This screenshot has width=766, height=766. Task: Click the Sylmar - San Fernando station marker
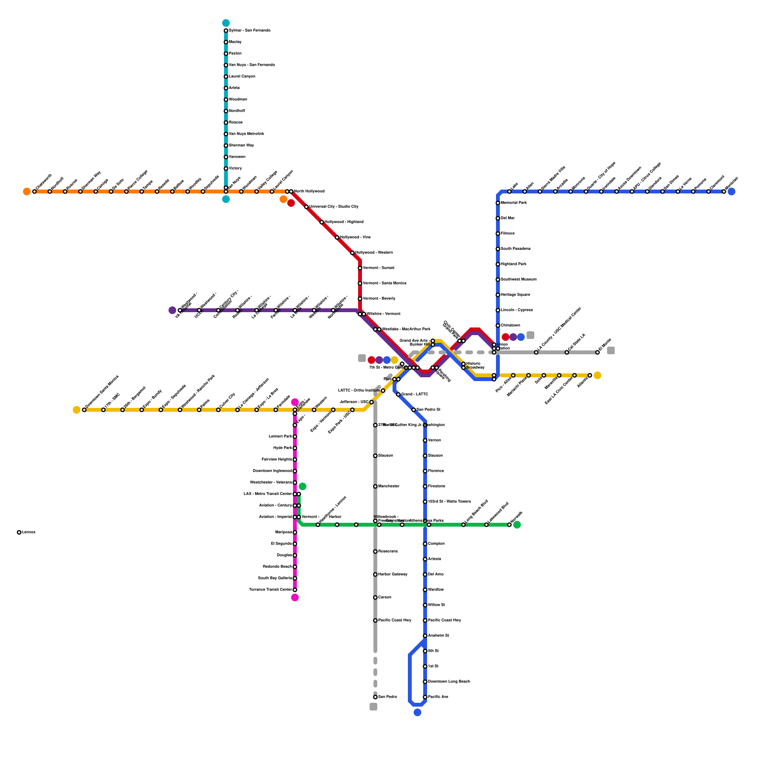click(226, 31)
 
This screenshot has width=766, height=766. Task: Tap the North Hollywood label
click(309, 191)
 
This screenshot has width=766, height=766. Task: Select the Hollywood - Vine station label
click(355, 237)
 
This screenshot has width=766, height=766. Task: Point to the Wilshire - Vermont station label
click(383, 314)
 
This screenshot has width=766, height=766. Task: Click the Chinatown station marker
click(498, 326)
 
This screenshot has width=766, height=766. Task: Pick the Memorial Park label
click(514, 203)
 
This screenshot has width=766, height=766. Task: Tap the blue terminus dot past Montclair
click(732, 191)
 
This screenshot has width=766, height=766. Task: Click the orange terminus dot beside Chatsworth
click(27, 191)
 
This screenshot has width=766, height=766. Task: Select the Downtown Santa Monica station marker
click(84, 410)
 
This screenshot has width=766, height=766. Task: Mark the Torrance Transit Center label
click(270, 590)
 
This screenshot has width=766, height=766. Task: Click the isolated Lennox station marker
click(19, 532)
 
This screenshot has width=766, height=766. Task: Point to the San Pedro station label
click(387, 697)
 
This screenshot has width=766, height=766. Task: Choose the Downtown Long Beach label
click(449, 682)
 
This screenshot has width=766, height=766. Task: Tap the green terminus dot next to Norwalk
click(517, 525)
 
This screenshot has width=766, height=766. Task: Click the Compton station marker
click(425, 544)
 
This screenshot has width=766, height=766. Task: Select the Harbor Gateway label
click(393, 574)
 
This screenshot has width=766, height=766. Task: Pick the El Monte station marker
click(597, 352)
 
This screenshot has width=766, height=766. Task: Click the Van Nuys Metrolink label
click(247, 134)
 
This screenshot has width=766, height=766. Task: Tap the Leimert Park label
click(281, 437)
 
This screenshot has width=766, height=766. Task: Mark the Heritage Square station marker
click(498, 295)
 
